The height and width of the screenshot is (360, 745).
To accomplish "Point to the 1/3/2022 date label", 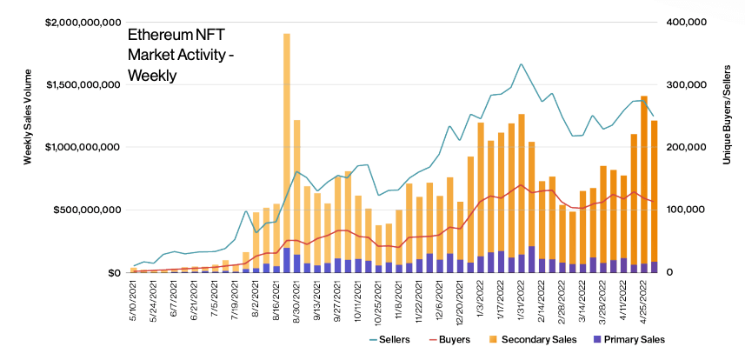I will (x=481, y=297).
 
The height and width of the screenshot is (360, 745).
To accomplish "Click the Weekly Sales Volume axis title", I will (x=28, y=148).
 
